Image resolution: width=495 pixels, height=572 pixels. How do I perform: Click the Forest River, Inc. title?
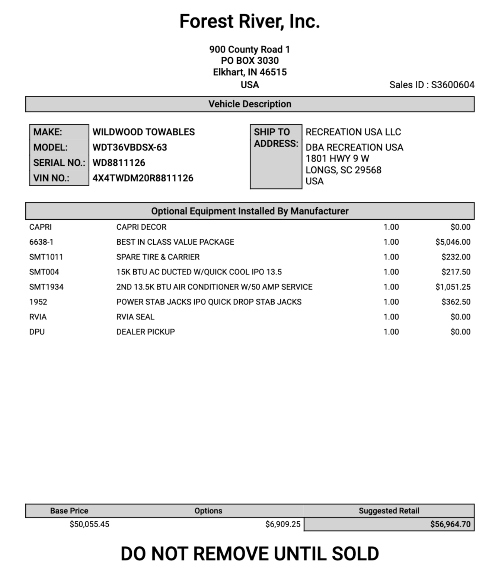[249, 22]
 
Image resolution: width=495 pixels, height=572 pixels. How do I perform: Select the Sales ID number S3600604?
[453, 85]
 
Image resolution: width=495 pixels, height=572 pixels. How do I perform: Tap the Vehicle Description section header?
[249, 104]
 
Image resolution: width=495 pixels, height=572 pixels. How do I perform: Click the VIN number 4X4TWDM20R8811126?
[143, 178]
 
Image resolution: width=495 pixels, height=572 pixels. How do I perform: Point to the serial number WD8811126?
[119, 163]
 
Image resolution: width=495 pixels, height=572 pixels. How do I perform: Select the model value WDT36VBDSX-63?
[130, 147]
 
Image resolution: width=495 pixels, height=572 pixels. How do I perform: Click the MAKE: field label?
[48, 132]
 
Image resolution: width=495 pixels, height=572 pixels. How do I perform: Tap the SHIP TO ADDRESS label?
[276, 138]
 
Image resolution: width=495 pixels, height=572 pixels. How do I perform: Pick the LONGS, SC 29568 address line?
[343, 170]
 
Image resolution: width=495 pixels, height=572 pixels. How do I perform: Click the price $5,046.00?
[453, 242]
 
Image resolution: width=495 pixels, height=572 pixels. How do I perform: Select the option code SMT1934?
[46, 287]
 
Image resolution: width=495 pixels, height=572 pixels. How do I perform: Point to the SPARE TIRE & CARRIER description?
[158, 257]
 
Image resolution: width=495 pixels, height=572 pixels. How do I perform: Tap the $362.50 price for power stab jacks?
[456, 302]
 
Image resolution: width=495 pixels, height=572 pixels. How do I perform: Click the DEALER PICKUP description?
[146, 332]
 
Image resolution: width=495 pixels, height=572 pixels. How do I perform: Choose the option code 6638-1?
[41, 242]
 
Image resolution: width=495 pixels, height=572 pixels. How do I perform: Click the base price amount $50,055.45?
[89, 524]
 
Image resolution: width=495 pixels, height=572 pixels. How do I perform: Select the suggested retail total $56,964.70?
[450, 524]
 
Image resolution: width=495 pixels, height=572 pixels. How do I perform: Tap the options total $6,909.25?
[282, 524]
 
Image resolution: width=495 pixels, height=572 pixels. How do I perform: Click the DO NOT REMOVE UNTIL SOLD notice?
[249, 554]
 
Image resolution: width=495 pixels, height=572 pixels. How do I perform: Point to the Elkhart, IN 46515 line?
[249, 72]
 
